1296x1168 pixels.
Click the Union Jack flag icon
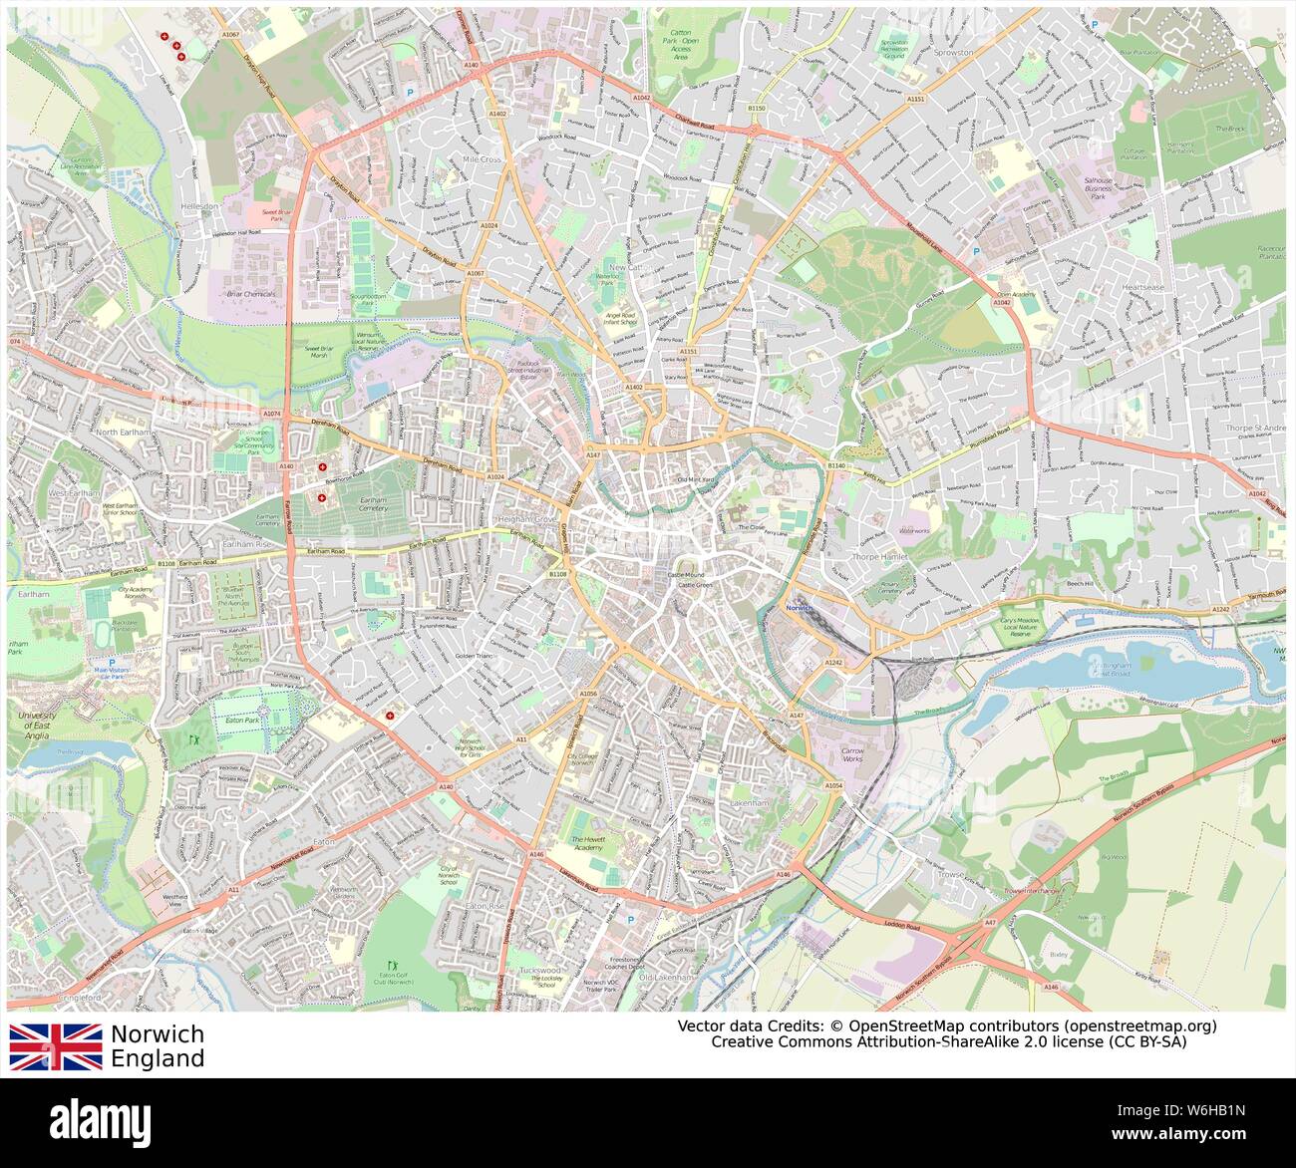(56, 1046)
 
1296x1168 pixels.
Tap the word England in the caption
(158, 1058)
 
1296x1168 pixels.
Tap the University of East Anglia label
(37, 721)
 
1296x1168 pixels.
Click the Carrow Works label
(852, 754)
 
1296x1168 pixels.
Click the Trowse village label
(952, 874)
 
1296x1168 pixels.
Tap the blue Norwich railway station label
(801, 607)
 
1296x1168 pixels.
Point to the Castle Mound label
(684, 575)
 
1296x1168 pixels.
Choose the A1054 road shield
(833, 786)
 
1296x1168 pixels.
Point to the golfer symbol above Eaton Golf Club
(392, 964)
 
